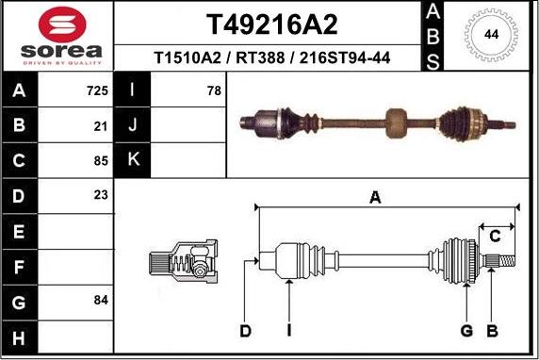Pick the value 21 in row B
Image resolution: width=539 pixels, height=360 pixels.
coord(102,125)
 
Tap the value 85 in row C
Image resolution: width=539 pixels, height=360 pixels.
coord(102,159)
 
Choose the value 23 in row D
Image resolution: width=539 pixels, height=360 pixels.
coord(102,195)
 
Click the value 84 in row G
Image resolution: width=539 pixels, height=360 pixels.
coord(102,300)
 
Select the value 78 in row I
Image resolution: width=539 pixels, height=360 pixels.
coord(213,91)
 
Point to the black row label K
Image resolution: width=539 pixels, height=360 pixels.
coord(133,159)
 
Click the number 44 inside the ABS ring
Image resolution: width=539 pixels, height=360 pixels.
coord(491,35)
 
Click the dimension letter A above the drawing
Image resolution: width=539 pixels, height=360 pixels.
coord(375,198)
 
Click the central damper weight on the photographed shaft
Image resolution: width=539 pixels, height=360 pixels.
coord(397,121)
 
